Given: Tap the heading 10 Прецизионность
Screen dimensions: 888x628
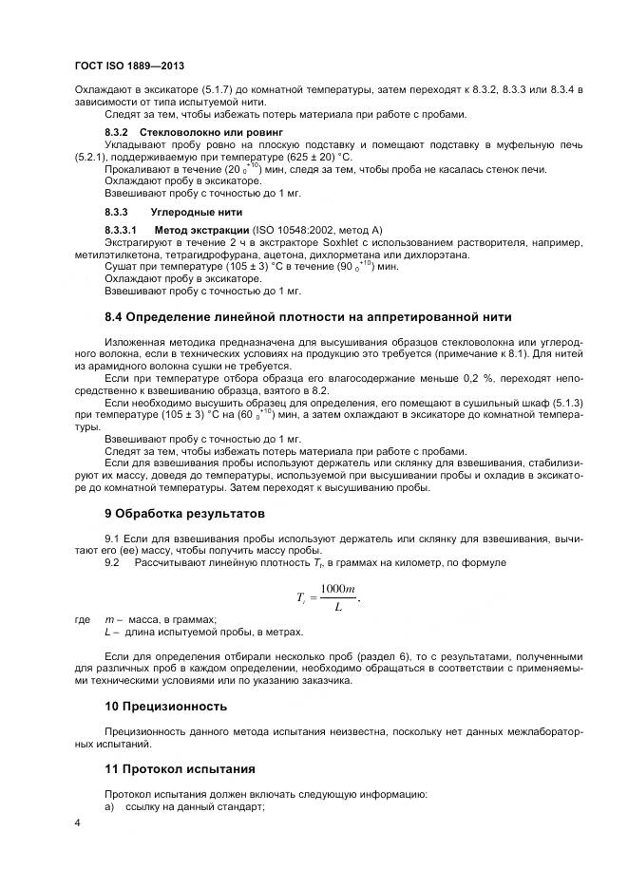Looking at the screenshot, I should [x=165, y=707].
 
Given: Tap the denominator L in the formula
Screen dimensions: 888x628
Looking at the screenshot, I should [x=338, y=608].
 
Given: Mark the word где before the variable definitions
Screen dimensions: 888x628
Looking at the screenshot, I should [x=82, y=620].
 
